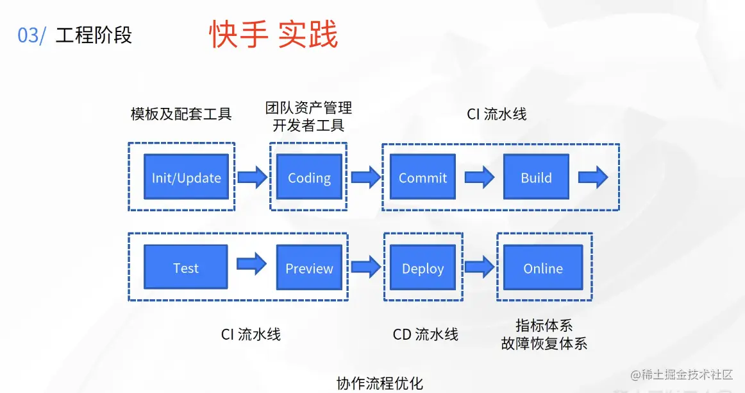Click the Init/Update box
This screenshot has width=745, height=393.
(x=186, y=177)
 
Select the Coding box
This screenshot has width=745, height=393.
(x=309, y=177)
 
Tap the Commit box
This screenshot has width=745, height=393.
(x=423, y=177)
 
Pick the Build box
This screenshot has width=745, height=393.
(x=537, y=177)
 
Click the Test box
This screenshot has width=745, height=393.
(x=186, y=267)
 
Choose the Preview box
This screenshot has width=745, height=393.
(x=309, y=267)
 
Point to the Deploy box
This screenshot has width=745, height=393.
(x=423, y=267)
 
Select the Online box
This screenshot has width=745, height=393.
(x=543, y=267)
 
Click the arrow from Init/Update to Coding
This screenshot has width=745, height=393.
(x=253, y=177)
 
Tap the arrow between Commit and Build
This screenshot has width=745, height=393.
(x=480, y=177)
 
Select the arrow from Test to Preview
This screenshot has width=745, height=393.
(x=252, y=263)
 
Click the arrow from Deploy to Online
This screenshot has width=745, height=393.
(x=480, y=267)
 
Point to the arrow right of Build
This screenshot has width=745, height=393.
(x=593, y=177)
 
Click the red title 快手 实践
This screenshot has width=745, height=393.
(x=274, y=34)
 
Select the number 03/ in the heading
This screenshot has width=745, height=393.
(x=32, y=36)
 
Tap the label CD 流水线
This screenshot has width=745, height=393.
(x=425, y=335)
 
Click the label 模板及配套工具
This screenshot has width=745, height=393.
(x=181, y=114)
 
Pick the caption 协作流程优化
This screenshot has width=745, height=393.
(x=380, y=383)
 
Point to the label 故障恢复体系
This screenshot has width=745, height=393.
(x=544, y=344)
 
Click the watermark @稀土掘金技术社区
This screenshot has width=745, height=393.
(x=682, y=375)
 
